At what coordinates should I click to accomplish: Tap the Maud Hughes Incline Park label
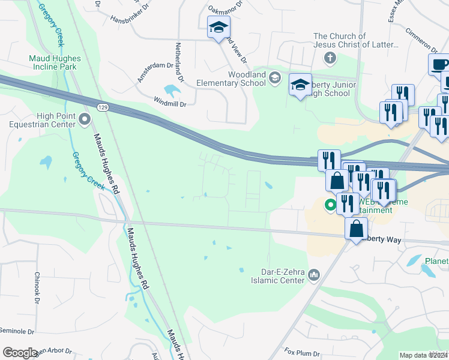53,62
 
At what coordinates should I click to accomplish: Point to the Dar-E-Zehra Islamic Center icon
313,275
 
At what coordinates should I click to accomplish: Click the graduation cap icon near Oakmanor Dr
218,27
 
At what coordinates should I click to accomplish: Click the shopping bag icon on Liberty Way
357,228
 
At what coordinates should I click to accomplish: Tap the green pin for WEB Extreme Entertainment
330,205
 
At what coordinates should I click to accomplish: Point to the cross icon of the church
329,58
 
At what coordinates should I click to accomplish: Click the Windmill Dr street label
170,103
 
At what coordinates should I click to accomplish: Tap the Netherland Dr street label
178,62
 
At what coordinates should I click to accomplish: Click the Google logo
20,353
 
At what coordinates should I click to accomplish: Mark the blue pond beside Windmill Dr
172,91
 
